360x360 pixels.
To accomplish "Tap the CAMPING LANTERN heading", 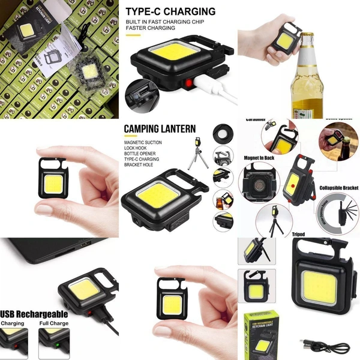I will [x=160, y=128].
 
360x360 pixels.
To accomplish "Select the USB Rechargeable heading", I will [x=34, y=314].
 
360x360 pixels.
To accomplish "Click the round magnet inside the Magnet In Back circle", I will [x=257, y=187].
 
